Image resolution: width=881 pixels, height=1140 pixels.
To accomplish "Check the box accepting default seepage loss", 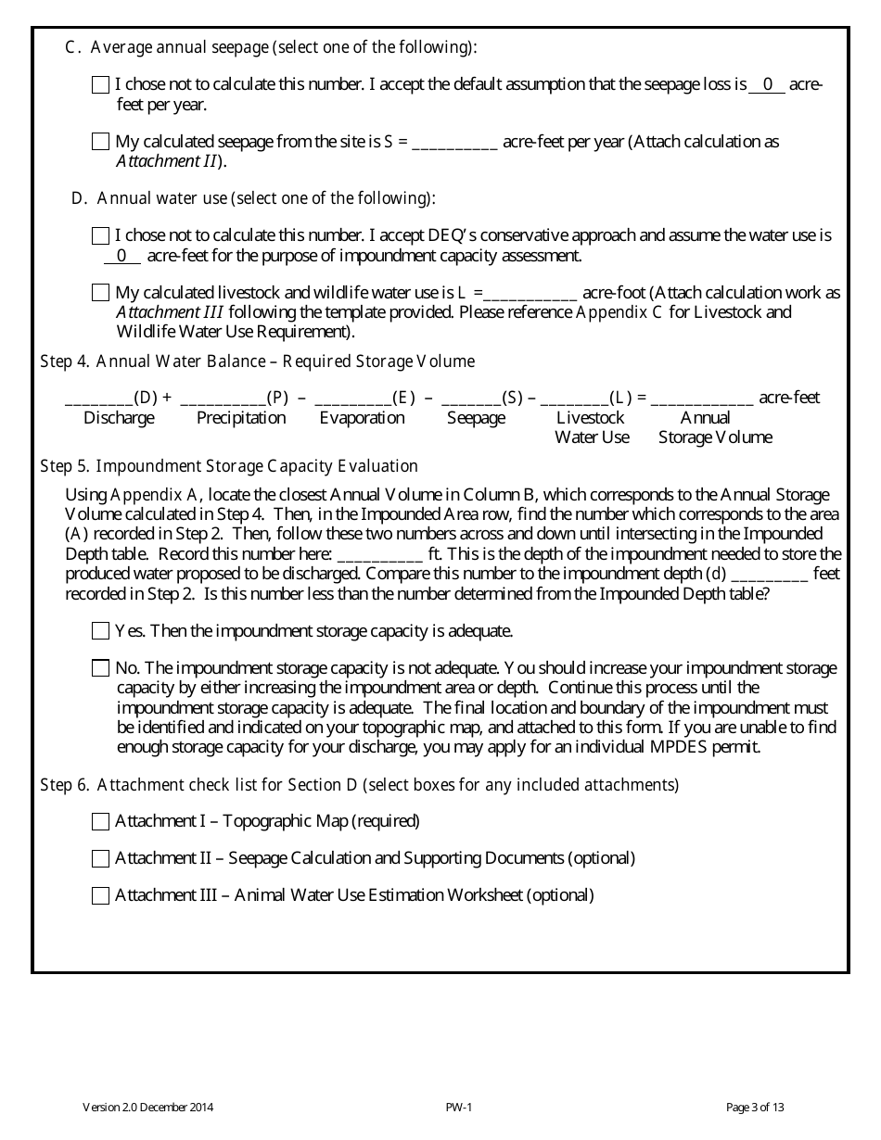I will [x=101, y=85].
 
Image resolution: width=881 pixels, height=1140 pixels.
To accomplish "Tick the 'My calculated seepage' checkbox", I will [x=101, y=143].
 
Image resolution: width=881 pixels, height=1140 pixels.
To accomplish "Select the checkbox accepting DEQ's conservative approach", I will [x=101, y=236].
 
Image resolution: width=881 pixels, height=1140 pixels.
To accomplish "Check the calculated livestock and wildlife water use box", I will [x=101, y=294].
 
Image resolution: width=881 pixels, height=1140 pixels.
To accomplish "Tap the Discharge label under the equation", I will [x=119, y=418].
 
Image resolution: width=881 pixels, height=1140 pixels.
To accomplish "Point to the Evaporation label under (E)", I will [x=362, y=418].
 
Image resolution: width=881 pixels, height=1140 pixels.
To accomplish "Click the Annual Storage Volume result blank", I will [x=702, y=399].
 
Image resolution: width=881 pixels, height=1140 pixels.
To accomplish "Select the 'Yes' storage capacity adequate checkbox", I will [x=101, y=631].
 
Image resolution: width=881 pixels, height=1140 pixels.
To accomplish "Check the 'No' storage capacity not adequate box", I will [x=101, y=668].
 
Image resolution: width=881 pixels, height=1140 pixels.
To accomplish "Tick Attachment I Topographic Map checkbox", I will [x=101, y=822].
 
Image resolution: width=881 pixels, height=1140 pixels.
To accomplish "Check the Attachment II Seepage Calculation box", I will [x=101, y=859].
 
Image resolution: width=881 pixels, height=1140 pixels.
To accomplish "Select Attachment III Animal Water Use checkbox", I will [x=101, y=896].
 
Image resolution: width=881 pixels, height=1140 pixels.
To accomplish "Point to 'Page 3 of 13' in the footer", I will [x=755, y=1107].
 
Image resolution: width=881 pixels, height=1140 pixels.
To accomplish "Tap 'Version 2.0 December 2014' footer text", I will [x=149, y=1107].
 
